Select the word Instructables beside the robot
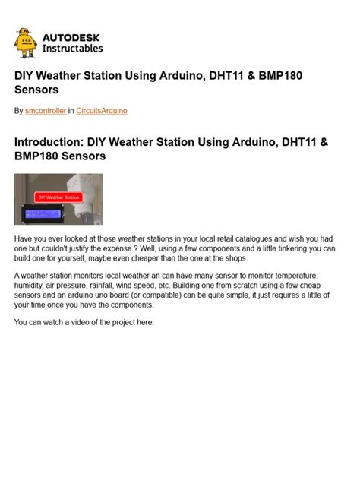(73, 48)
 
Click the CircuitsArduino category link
(102, 111)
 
